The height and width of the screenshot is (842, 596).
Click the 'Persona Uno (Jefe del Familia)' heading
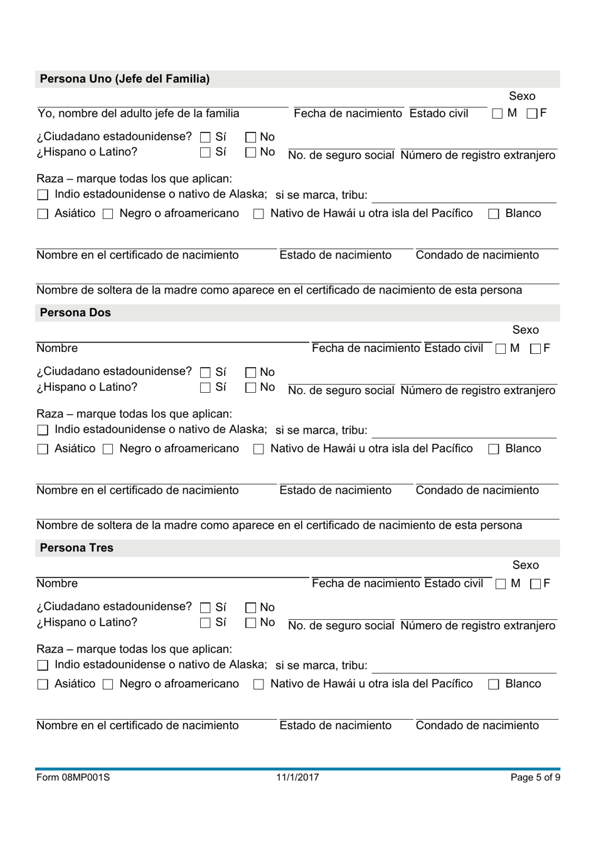pyautogui.click(x=125, y=79)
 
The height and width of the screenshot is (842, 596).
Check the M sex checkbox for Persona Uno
pyautogui.click(x=498, y=114)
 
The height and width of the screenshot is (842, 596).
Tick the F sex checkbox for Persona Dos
pyautogui.click(x=535, y=349)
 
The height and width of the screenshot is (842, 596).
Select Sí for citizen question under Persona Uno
pyautogui.click(x=205, y=137)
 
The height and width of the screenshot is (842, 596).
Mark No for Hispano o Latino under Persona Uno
pyautogui.click(x=251, y=152)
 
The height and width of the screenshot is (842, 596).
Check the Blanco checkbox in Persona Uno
pyautogui.click(x=494, y=214)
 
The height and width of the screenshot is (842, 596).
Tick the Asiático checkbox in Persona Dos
pyautogui.click(x=43, y=449)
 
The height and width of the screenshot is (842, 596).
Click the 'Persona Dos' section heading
pyautogui.click(x=75, y=312)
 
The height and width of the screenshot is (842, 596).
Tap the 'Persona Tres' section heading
pyautogui.click(x=77, y=548)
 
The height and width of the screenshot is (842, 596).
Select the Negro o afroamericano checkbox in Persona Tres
pyautogui.click(x=108, y=685)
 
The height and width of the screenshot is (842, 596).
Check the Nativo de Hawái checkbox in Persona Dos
pyautogui.click(x=258, y=449)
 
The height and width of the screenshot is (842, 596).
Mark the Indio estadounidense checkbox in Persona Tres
pyautogui.click(x=43, y=665)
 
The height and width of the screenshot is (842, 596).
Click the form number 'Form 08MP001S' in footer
pyautogui.click(x=73, y=777)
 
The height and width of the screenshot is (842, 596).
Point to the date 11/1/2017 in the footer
pyautogui.click(x=297, y=777)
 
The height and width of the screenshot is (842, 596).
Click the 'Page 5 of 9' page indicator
pyautogui.click(x=535, y=777)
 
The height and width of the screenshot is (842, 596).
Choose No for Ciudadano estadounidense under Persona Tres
pyautogui.click(x=251, y=607)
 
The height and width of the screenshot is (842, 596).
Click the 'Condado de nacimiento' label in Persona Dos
pyautogui.click(x=477, y=490)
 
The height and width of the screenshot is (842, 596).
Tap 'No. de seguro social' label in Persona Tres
pyautogui.click(x=341, y=626)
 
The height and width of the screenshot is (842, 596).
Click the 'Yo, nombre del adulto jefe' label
pyautogui.click(x=138, y=114)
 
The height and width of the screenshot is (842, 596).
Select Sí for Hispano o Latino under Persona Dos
pyautogui.click(x=205, y=388)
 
